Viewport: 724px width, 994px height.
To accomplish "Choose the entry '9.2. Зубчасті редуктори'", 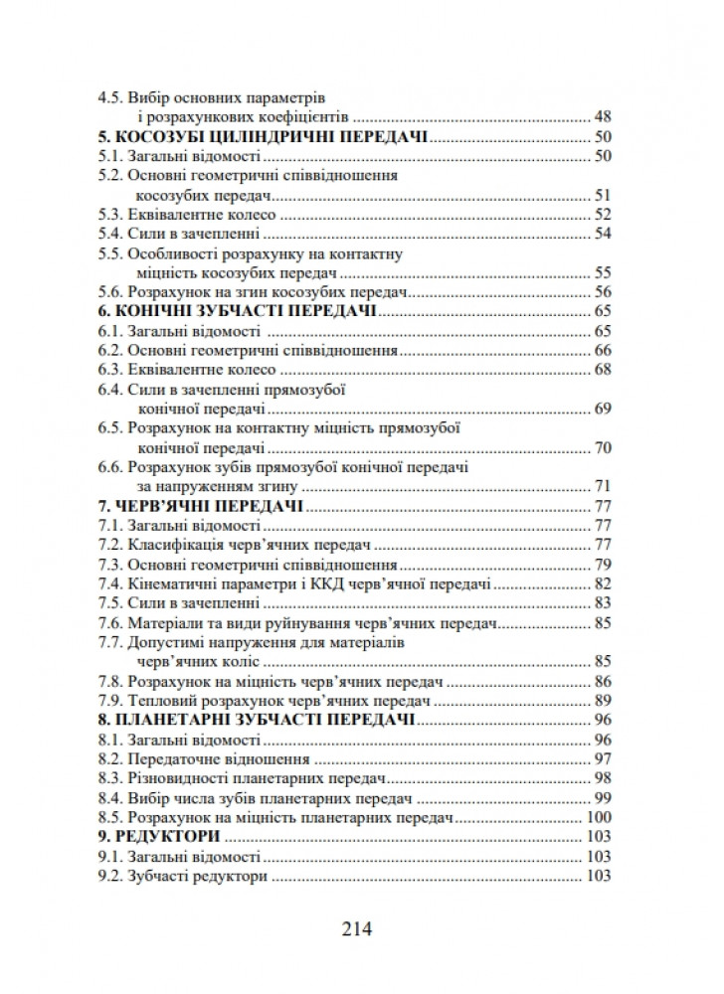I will coord(183,877).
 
